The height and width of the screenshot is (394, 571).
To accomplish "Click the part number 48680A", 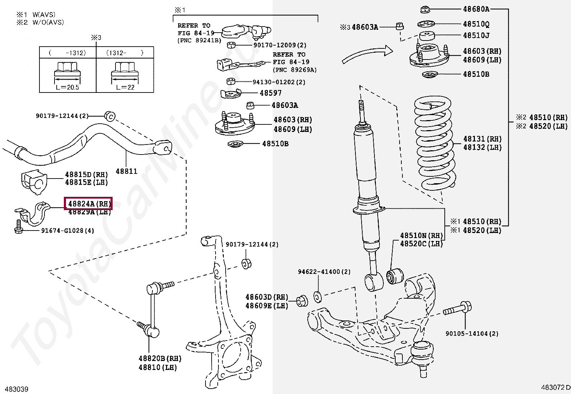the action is (476, 9).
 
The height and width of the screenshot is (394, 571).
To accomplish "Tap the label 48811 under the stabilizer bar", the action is (127, 171).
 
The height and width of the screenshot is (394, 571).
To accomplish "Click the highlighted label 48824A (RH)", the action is (89, 204).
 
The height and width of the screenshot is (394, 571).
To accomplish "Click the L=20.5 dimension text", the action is (67, 87).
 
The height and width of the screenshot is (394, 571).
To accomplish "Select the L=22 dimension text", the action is (125, 87).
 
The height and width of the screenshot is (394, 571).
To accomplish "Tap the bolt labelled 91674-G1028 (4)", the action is (19, 227).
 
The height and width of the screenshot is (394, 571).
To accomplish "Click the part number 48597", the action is (270, 93).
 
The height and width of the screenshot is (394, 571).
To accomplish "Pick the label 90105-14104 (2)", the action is (472, 334).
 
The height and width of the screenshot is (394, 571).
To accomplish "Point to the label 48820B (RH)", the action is (160, 359).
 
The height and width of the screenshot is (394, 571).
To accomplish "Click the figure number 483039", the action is (16, 389).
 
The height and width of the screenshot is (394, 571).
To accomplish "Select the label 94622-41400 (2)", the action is (324, 272).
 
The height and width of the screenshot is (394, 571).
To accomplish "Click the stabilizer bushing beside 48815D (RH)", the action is (34, 182).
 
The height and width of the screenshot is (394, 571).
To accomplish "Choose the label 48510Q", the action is (476, 24).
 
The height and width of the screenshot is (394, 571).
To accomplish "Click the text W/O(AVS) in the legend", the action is (48, 23).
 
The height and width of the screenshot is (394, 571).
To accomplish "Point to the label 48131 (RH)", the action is (482, 139).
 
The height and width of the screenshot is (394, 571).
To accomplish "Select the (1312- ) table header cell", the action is (125, 53).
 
